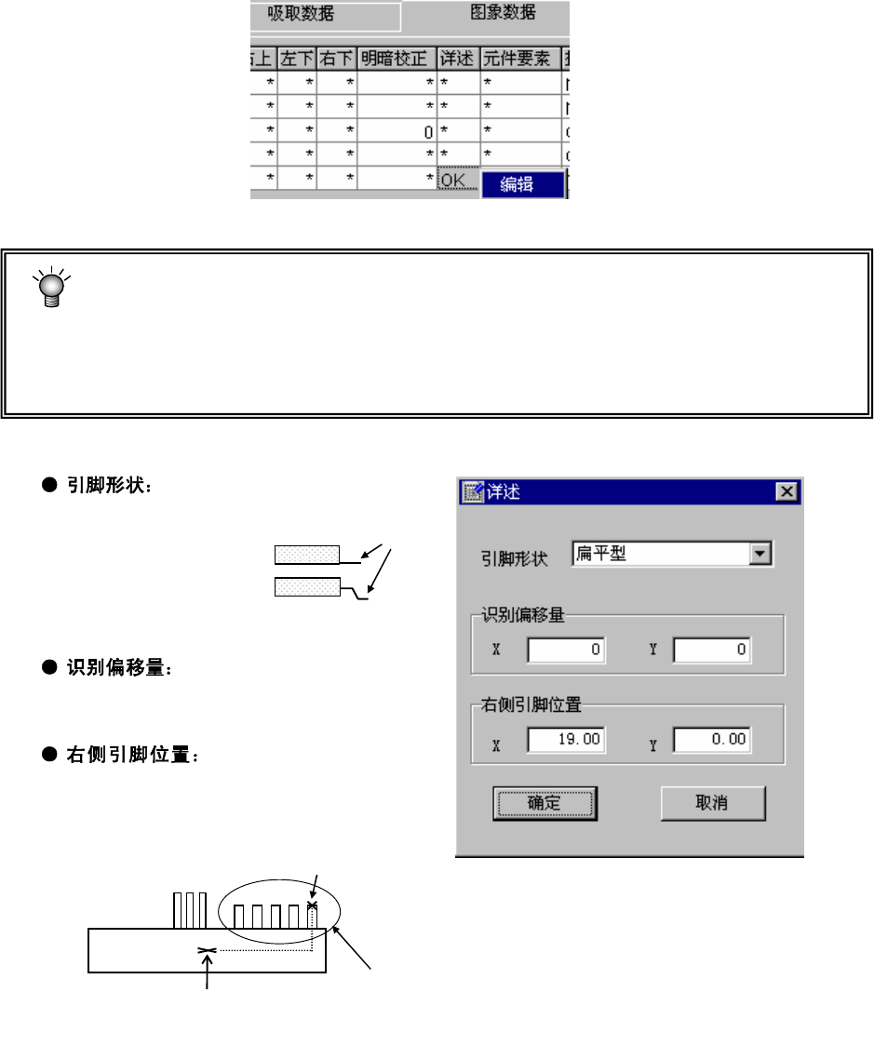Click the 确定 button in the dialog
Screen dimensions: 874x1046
click(544, 802)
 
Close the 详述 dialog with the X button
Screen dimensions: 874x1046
click(787, 492)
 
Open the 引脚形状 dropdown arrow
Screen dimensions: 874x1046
click(761, 555)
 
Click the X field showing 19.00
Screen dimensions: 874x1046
click(566, 740)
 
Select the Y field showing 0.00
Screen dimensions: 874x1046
click(712, 740)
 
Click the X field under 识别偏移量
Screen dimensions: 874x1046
click(566, 650)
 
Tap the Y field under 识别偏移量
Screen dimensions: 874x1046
click(712, 650)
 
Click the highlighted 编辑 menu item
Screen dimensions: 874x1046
click(522, 184)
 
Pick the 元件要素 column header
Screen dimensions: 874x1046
click(518, 60)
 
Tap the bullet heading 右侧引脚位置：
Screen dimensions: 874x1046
click(130, 757)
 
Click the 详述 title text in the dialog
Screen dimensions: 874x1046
click(503, 492)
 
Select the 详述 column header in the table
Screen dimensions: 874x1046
click(457, 60)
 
